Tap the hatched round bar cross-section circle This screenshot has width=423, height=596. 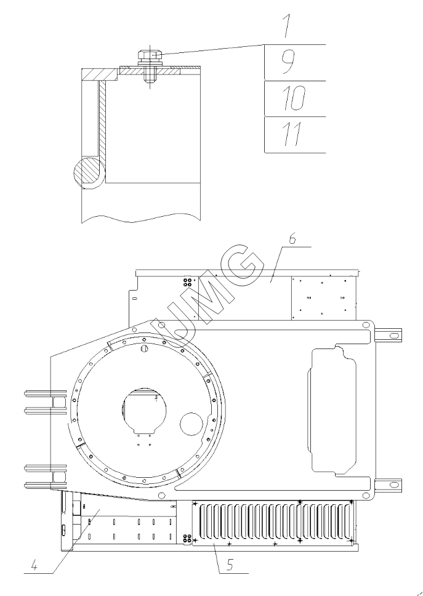[x=86, y=172]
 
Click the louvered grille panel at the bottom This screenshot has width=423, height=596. [x=274, y=523]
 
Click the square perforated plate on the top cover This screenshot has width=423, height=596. [x=323, y=297]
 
